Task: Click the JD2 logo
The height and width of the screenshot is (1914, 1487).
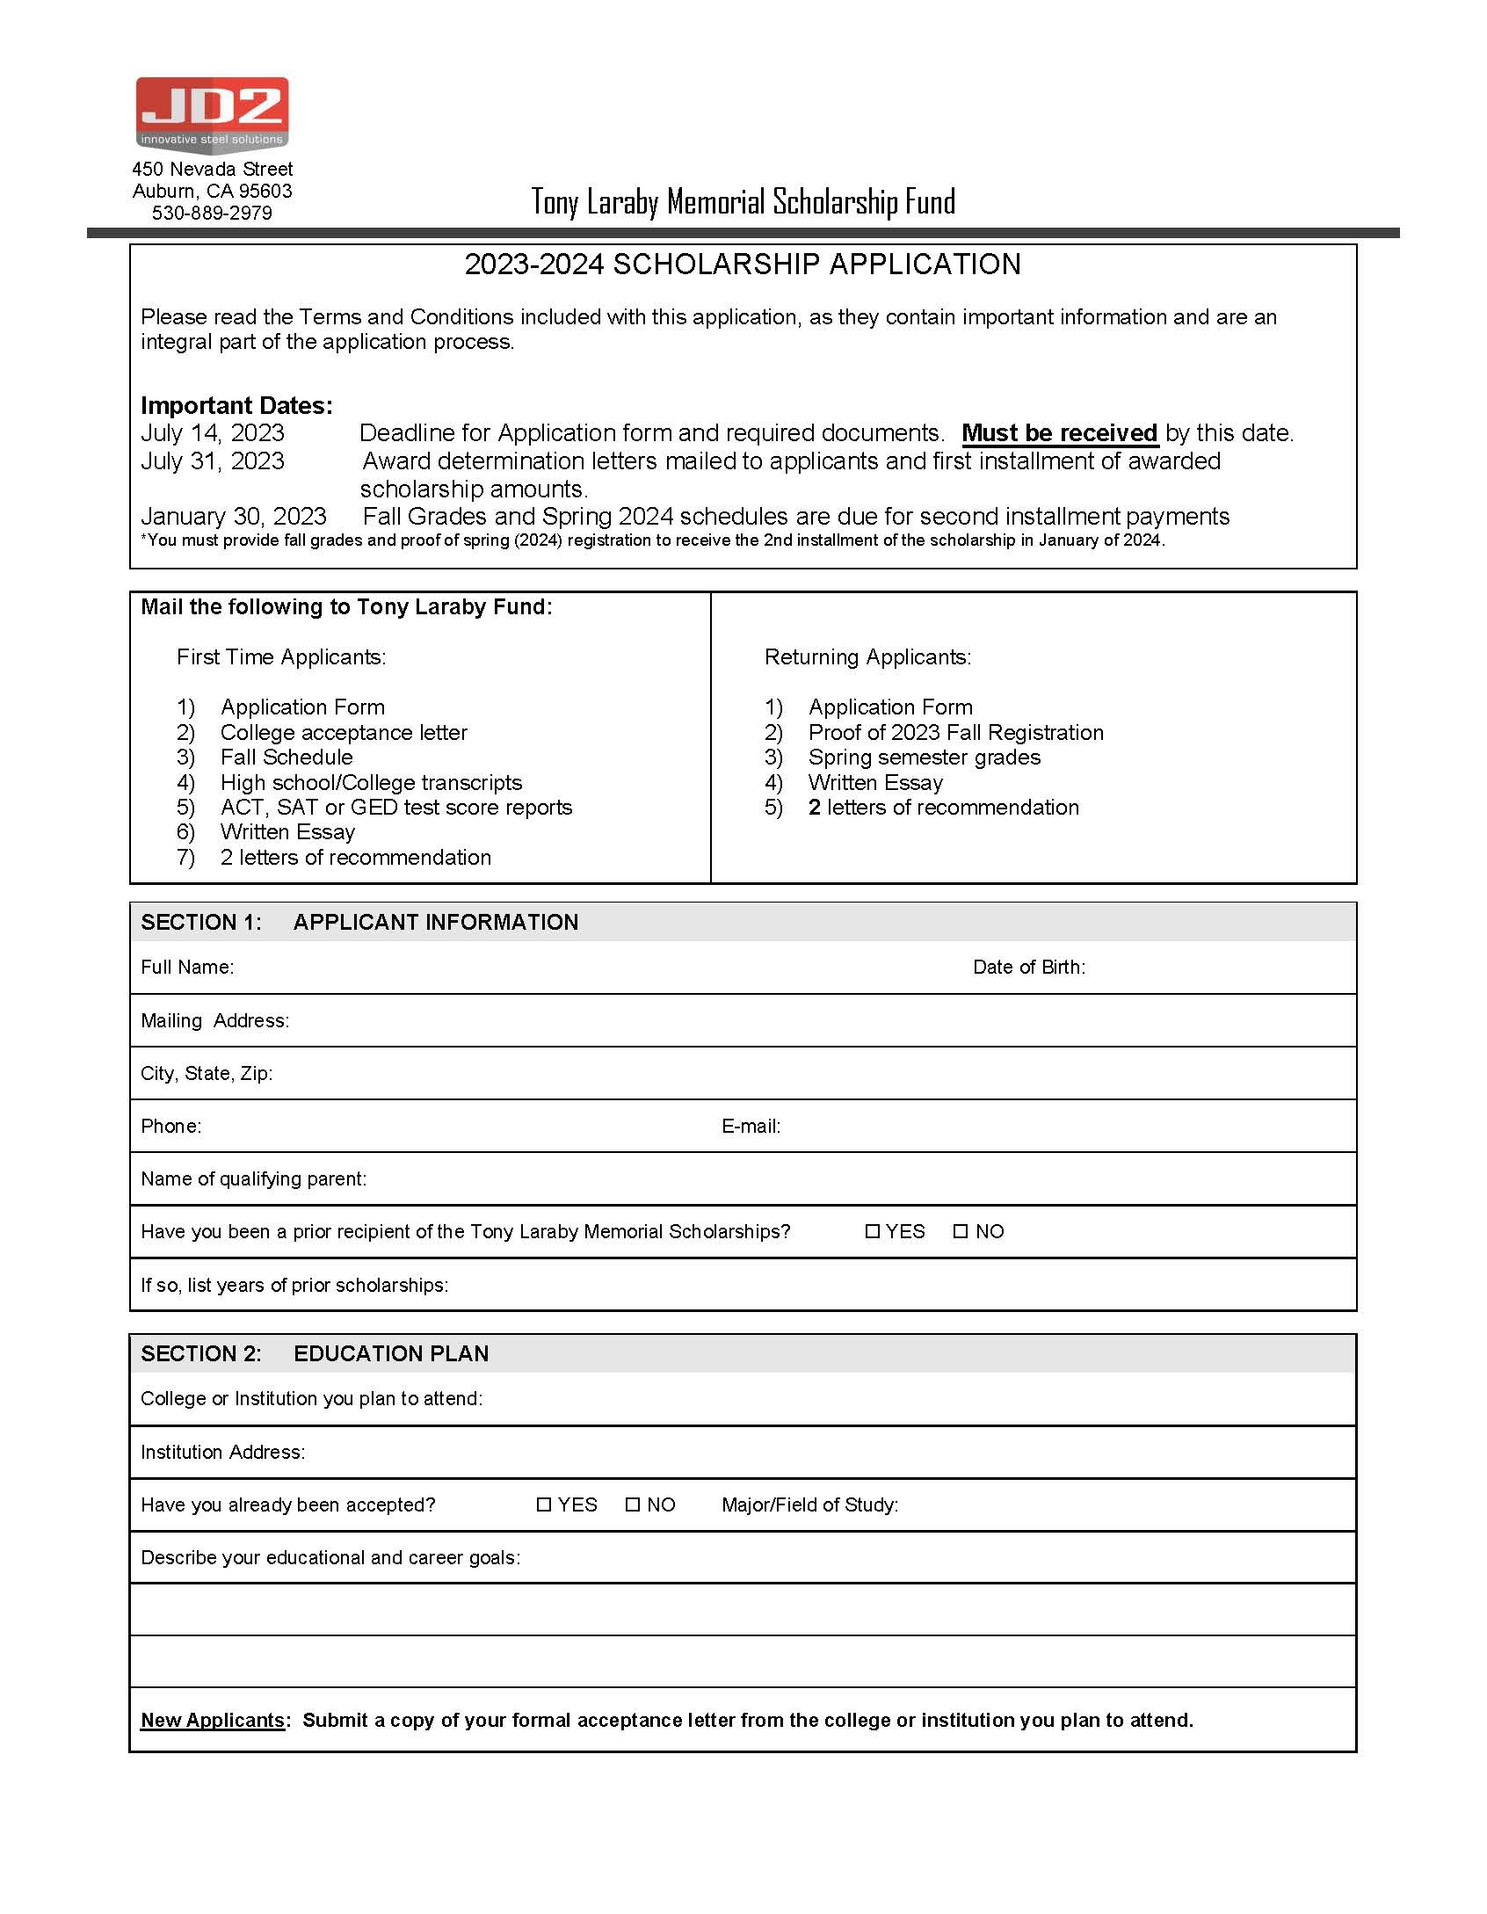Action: [212, 114]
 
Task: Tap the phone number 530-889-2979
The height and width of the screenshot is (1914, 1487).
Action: [212, 213]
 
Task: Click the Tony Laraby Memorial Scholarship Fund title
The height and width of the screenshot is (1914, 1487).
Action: [743, 202]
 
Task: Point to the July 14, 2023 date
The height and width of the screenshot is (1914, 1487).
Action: [213, 433]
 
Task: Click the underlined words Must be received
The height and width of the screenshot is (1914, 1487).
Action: [1059, 433]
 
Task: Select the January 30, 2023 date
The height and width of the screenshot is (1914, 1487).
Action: [234, 516]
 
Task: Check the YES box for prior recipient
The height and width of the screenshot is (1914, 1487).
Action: [873, 1231]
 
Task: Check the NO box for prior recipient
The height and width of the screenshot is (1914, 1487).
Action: [961, 1231]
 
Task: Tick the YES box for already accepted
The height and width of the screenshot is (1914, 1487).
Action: [544, 1504]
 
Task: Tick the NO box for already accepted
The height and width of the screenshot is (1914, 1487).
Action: [633, 1504]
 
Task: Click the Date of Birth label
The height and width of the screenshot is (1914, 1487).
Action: [1029, 967]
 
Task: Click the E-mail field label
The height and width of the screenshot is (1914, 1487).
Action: [751, 1126]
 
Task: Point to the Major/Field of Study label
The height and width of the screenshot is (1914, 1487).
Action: [810, 1504]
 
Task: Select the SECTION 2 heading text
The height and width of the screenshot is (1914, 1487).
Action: [315, 1353]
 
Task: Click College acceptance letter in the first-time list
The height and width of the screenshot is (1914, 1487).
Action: [344, 732]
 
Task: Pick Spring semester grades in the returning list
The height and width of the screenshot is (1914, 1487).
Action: [925, 757]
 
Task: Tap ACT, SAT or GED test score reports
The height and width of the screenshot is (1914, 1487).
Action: [396, 807]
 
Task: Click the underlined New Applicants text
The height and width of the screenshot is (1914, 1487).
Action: [213, 1720]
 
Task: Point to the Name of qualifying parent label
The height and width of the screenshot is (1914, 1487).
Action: [253, 1178]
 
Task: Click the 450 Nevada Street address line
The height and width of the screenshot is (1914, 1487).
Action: [212, 169]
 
